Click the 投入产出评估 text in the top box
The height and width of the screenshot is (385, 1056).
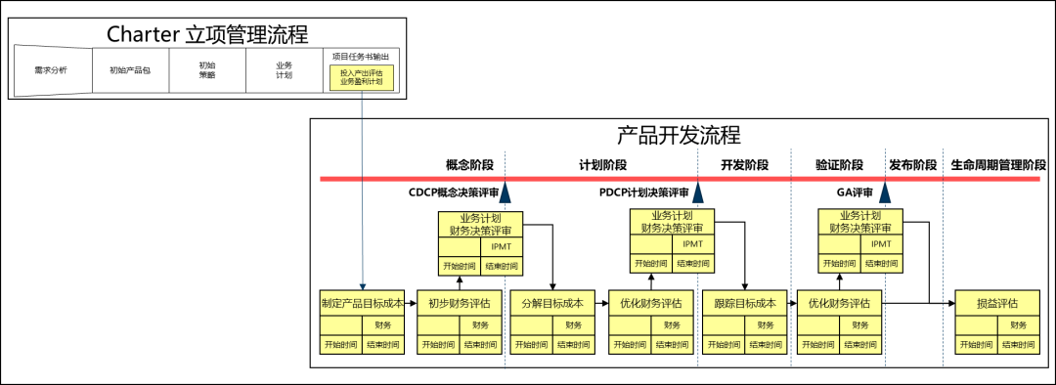pos(362,72)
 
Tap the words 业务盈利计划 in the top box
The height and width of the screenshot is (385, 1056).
pos(362,82)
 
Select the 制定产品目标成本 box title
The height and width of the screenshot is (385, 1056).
pos(362,303)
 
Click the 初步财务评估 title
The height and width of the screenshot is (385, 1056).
pos(459,303)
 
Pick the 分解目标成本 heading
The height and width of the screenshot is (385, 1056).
pos(552,303)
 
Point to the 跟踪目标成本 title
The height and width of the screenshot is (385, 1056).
pos(744,303)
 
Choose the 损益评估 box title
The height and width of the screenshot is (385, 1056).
pos(997,303)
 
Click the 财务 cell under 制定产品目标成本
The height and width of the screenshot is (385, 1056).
pos(383,325)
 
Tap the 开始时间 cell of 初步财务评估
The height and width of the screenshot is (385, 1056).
pos(437,345)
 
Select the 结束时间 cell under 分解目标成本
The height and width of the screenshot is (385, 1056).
pos(574,345)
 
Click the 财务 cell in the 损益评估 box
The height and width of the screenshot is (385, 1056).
pos(1019,325)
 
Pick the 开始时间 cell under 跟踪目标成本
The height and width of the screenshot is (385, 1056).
pos(724,345)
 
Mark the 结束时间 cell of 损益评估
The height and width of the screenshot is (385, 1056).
pos(1019,345)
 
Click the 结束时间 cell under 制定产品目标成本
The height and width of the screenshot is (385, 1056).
pos(383,345)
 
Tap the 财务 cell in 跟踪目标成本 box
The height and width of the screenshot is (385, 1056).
pos(766,325)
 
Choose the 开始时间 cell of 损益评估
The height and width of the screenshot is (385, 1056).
pos(977,345)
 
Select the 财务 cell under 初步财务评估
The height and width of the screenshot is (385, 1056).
pos(480,325)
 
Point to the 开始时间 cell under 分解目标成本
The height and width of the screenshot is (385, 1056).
pos(532,345)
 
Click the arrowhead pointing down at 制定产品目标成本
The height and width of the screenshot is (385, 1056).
pos(363,285)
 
